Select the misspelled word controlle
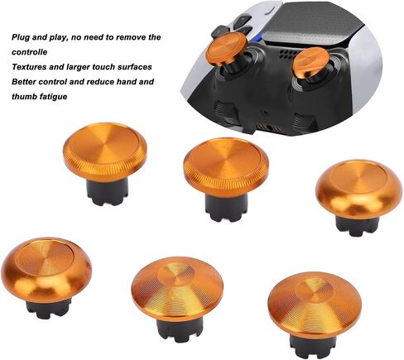point(30,52)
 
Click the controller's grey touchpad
point(312,25)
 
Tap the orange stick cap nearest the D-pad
point(226,49)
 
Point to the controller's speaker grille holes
point(288,55)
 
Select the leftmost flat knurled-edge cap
point(105,151)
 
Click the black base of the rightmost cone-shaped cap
point(312,344)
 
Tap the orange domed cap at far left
point(46,270)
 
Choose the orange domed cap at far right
point(358,189)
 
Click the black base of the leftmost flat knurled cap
point(108,192)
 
